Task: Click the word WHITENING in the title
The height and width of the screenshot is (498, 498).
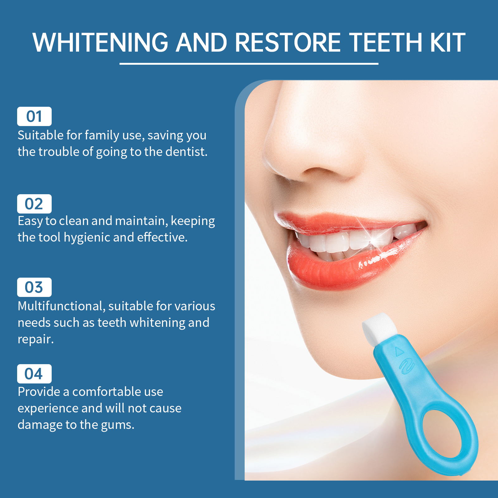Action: pyautogui.click(x=101, y=42)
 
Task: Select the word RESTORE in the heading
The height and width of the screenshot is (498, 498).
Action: pyautogui.click(x=288, y=42)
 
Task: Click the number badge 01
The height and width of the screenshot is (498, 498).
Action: pyautogui.click(x=34, y=116)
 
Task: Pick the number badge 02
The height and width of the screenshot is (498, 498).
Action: pyautogui.click(x=34, y=204)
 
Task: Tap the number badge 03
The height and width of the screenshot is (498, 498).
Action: pyautogui.click(x=34, y=287)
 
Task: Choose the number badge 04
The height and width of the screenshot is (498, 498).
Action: pyautogui.click(x=34, y=374)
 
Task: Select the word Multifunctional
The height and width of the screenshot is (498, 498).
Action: pyautogui.click(x=60, y=306)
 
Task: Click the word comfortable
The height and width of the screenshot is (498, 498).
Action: pyautogui.click(x=106, y=392)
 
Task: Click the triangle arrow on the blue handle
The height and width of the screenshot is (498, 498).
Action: pyautogui.click(x=399, y=352)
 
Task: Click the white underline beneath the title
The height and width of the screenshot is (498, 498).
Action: pyautogui.click(x=249, y=63)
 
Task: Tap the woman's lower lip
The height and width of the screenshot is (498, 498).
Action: pyautogui.click(x=342, y=268)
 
